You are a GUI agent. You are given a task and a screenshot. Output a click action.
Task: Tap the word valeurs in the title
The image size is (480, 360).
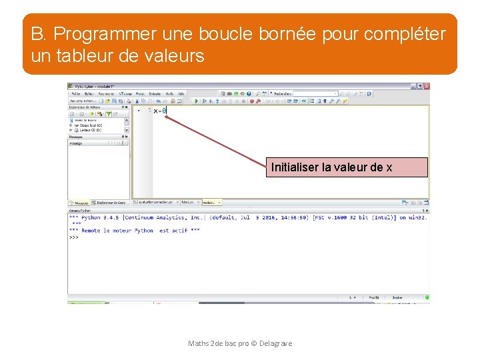point(173,57)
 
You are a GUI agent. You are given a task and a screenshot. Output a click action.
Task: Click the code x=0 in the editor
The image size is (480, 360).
point(159,111)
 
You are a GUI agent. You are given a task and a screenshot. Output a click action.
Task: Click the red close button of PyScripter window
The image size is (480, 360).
point(427,87)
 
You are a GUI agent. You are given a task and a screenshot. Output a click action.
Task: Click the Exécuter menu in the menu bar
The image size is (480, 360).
point(155,94)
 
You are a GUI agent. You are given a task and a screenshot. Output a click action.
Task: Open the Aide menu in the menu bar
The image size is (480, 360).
point(181,94)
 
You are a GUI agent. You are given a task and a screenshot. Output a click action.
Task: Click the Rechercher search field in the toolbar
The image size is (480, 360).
point(315,94)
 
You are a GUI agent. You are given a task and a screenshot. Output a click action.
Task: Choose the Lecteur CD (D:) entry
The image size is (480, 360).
point(87,130)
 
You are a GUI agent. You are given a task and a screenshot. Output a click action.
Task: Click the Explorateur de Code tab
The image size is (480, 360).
point(111,202)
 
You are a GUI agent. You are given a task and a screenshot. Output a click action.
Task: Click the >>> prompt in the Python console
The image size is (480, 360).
point(74,237)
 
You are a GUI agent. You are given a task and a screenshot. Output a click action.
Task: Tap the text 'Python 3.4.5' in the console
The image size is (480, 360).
point(101,217)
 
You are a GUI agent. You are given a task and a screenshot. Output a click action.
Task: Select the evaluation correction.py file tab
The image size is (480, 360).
point(153,201)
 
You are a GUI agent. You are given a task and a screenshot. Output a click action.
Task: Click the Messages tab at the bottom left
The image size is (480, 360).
point(80,202)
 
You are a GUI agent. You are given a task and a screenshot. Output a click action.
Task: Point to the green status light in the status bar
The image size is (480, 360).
point(427,297)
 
